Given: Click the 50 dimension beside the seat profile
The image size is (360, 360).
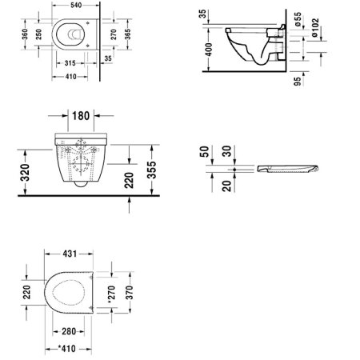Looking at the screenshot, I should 206,152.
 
